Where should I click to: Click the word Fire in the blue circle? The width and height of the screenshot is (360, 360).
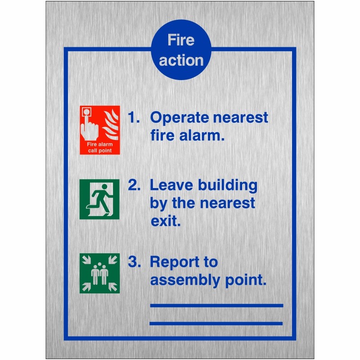point(181,40)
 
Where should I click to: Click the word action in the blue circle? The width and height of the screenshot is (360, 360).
point(181,60)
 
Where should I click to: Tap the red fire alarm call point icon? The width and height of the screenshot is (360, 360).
point(100,130)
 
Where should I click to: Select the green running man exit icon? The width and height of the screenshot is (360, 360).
point(99,199)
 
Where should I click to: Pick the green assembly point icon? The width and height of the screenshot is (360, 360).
point(99,273)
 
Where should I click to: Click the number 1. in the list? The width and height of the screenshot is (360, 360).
point(134,118)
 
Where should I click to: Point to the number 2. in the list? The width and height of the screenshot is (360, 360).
point(134,185)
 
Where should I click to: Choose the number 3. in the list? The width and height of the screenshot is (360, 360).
point(134,262)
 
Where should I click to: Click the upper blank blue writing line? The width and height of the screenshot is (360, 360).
point(216,306)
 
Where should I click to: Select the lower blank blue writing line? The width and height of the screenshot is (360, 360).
point(216,323)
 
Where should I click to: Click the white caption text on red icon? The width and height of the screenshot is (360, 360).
point(99,147)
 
